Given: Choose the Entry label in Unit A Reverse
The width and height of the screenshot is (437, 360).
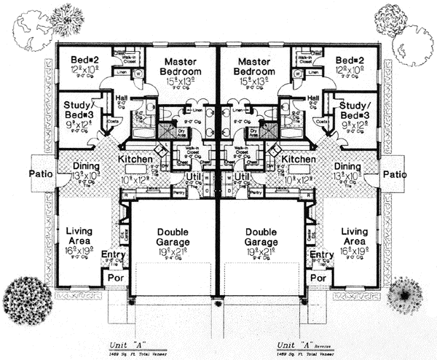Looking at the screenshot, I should tap(321, 254).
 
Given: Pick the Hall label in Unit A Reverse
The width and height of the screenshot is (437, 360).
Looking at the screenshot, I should tap(315, 98).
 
